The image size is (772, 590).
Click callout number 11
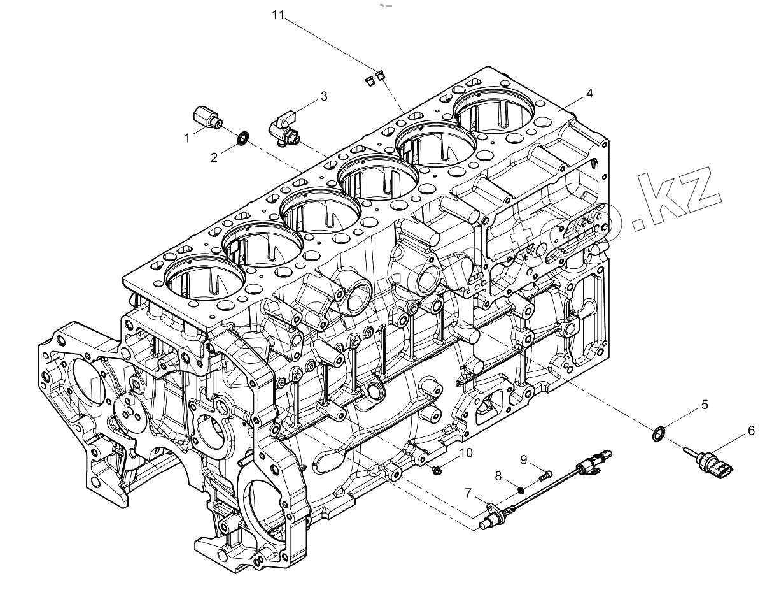[x=277, y=16]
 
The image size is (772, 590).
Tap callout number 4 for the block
[x=589, y=94]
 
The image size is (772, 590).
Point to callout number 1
[x=187, y=137]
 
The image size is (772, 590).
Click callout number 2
[x=214, y=157]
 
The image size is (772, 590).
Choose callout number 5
[x=705, y=404]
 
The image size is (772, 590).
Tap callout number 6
[x=751, y=431]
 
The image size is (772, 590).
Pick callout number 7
[x=468, y=492]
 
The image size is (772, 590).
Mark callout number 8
[x=498, y=475]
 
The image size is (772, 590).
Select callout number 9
[x=523, y=459]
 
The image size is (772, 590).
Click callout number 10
[x=466, y=452]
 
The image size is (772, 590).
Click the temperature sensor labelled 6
[x=712, y=461]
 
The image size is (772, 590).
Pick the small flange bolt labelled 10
[x=438, y=470]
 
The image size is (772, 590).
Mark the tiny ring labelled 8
[x=521, y=489]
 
